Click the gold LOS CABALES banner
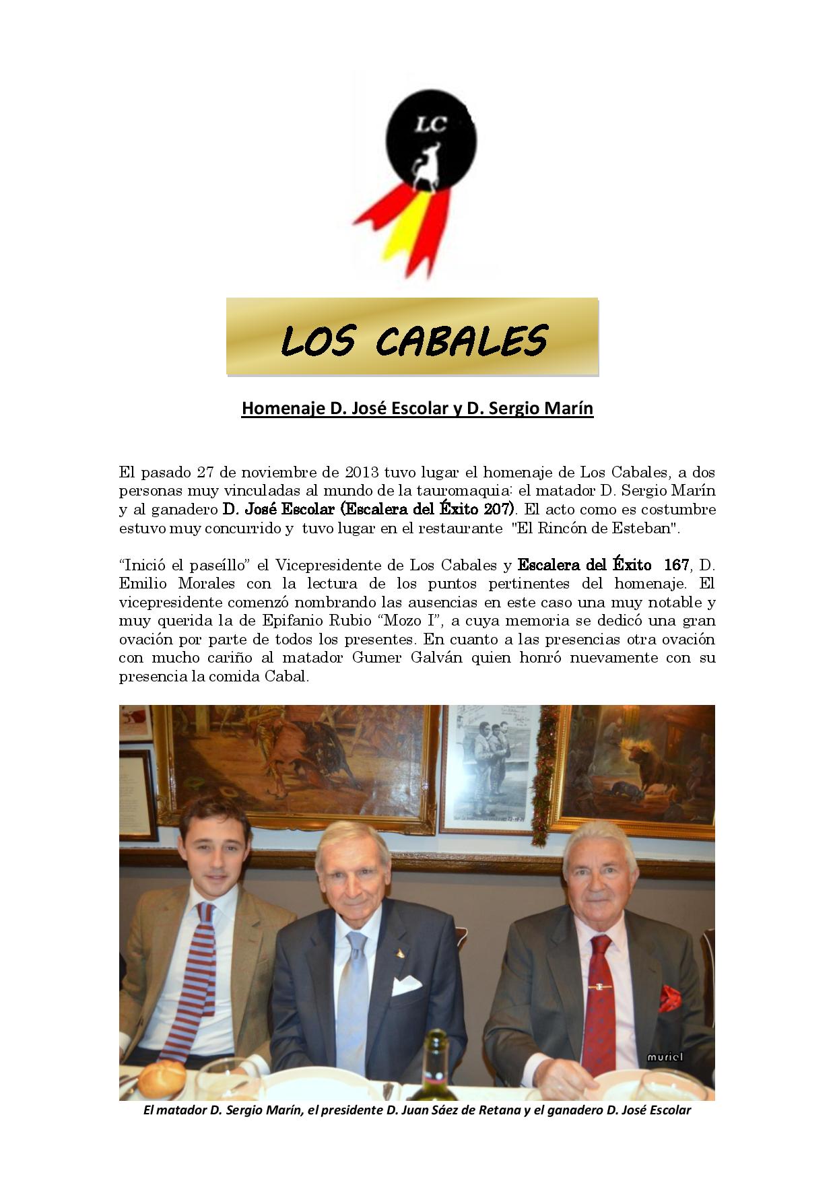pos(412,337)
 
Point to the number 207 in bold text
pos(498,509)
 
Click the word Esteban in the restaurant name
pos(642,528)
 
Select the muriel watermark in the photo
pos(665,1056)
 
